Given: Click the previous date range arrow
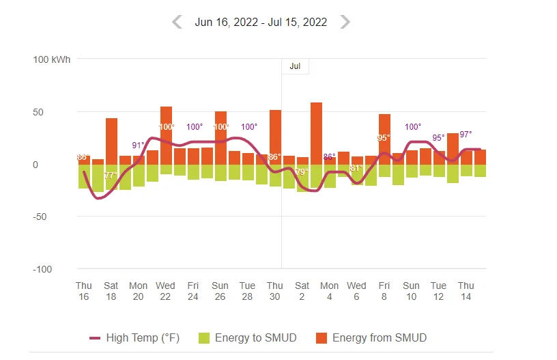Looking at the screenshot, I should pos(177,22).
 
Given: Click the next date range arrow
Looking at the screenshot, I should pos(345,22).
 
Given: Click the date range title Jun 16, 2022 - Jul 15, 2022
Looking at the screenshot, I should pos(261,22).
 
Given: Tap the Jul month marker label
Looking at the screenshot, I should pos(295,66).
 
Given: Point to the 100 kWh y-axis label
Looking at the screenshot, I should pos(52,59).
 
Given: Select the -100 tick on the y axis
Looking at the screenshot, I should pos(42,269).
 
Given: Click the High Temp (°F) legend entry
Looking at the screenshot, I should pos(134,337).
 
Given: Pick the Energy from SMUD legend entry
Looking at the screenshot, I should pos(371,337).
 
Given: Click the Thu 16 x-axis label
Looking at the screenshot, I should pos(84,291).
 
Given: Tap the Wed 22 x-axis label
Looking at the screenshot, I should pos(166,291).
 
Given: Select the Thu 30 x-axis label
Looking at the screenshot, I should pos(275,291).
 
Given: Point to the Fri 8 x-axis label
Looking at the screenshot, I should pos(384,291).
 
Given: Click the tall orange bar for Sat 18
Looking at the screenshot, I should pos(111,141).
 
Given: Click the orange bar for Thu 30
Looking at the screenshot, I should pos(275,137).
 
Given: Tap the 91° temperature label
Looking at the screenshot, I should pos(139,145).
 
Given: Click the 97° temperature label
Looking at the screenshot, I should pos(466,135).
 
